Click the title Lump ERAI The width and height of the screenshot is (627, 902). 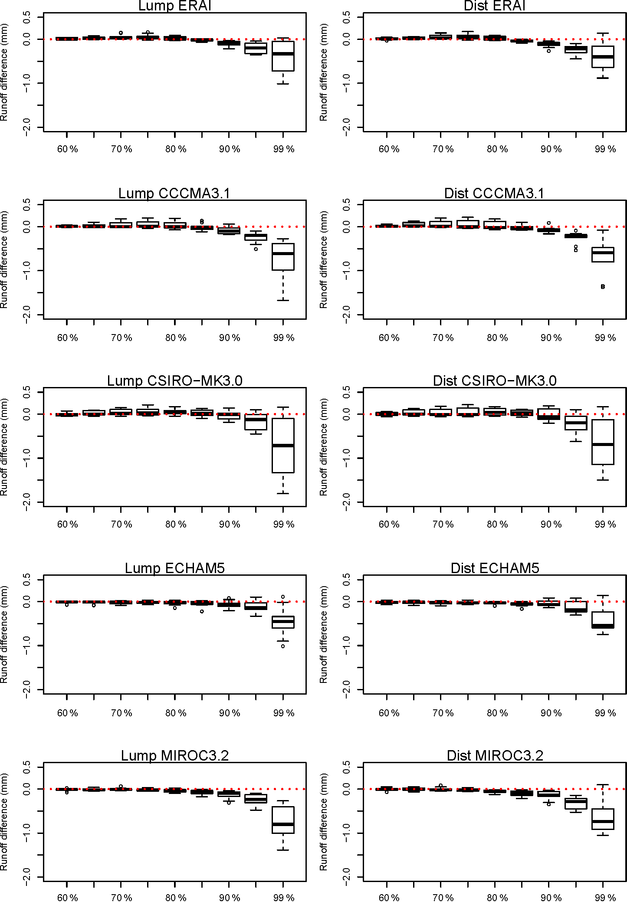click(x=174, y=6)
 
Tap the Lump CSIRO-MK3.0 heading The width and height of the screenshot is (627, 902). click(x=174, y=380)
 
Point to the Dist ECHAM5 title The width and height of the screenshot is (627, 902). click(x=495, y=568)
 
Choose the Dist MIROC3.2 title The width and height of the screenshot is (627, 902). click(x=495, y=755)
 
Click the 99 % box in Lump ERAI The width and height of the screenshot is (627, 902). click(x=283, y=56)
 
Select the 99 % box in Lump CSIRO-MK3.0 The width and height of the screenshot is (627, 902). click(x=283, y=445)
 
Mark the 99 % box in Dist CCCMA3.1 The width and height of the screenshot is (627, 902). click(x=603, y=255)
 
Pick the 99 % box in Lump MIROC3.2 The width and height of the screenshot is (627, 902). click(x=283, y=820)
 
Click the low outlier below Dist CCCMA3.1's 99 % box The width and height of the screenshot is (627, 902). click(x=603, y=286)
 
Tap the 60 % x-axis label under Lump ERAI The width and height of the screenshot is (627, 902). click(x=67, y=149)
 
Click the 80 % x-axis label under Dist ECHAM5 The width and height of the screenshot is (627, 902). click(x=497, y=713)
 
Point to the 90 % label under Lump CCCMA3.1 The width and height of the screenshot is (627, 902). click(x=230, y=338)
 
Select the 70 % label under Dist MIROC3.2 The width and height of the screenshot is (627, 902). click(x=443, y=897)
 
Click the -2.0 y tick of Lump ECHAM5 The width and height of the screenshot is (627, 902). click(x=27, y=689)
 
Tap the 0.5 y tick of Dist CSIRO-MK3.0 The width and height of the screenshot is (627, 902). click(x=346, y=392)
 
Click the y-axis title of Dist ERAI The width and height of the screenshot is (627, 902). click(x=323, y=72)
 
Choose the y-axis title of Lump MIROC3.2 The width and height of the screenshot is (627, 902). click(x=4, y=821)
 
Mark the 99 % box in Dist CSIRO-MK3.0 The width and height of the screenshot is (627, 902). click(x=603, y=442)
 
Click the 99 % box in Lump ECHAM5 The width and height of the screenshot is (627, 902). click(x=283, y=622)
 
